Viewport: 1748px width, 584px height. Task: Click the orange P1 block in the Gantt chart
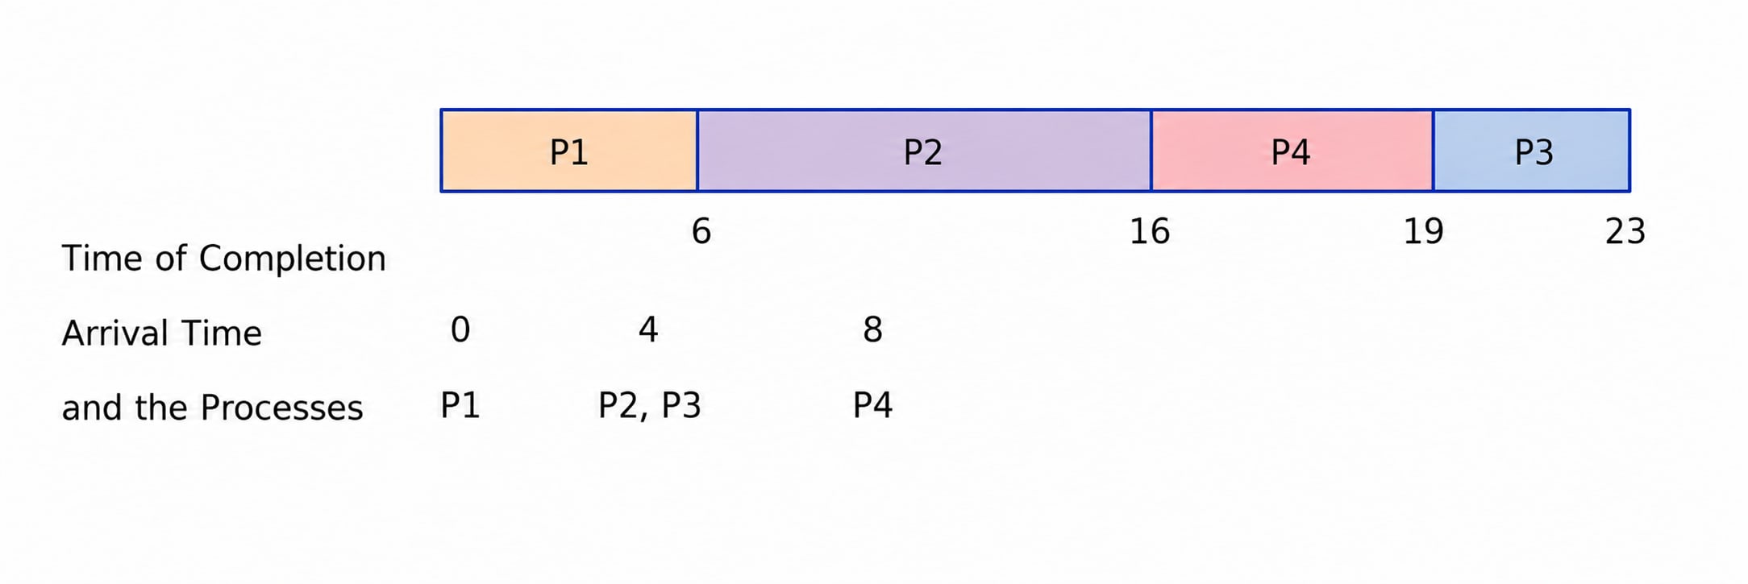click(569, 151)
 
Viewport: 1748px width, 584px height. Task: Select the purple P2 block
click(924, 151)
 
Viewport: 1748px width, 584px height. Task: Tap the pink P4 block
click(1292, 151)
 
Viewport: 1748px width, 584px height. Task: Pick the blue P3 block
click(1531, 151)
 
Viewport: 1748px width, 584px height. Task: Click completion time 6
click(701, 232)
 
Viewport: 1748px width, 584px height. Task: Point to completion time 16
click(1150, 232)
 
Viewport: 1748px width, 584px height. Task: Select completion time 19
click(1424, 232)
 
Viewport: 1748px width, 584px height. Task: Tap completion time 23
click(1625, 232)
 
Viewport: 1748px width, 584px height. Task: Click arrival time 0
click(460, 329)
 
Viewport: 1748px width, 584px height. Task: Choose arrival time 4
click(648, 329)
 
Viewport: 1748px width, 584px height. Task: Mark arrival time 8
click(872, 329)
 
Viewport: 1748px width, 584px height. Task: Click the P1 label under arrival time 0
click(460, 405)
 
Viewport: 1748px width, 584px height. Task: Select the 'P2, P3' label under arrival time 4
click(650, 406)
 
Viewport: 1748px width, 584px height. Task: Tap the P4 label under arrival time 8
click(872, 405)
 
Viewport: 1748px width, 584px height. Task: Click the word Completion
click(293, 259)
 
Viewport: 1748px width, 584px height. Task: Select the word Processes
click(281, 408)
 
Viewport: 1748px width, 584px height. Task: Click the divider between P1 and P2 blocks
click(697, 151)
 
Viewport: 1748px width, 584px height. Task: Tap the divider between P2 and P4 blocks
click(1151, 151)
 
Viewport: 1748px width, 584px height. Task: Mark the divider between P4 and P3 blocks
click(1434, 151)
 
